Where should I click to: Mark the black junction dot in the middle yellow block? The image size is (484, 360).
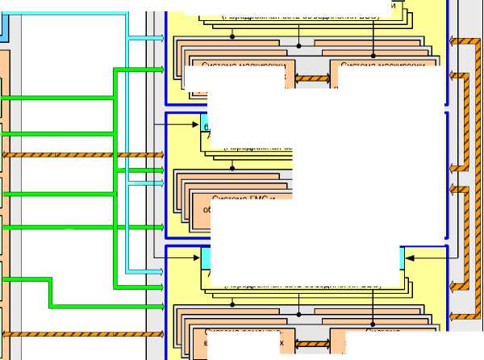coord(232,168)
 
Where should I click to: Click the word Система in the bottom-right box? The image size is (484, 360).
coord(382,331)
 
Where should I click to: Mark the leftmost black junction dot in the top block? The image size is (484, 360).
coord(232,36)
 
